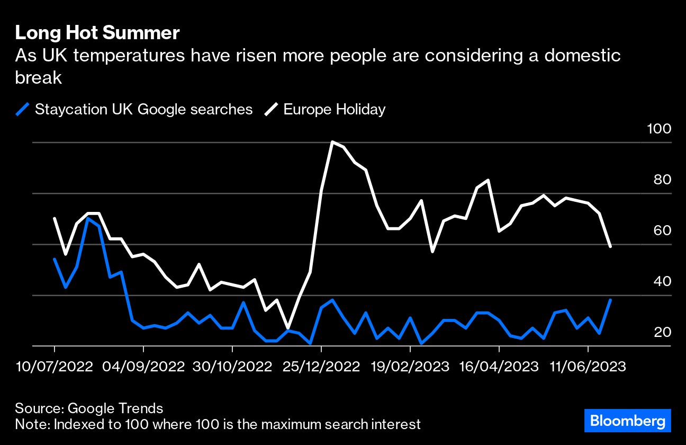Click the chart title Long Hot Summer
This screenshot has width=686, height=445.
click(x=97, y=33)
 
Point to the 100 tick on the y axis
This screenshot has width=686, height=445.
click(x=659, y=129)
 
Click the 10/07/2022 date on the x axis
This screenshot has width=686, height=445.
click(x=55, y=367)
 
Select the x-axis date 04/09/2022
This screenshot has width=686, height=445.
click(x=143, y=367)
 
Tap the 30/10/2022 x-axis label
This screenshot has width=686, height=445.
click(x=232, y=367)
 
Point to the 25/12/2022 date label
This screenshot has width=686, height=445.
click(x=321, y=367)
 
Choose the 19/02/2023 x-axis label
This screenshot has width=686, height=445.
click(x=410, y=367)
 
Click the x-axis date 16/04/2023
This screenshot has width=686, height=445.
click(x=499, y=367)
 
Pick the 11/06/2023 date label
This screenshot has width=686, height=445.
click(x=588, y=367)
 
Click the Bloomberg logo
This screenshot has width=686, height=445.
click(x=628, y=421)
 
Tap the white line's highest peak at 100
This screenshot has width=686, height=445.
click(x=332, y=142)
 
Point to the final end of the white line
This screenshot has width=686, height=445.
click(x=610, y=246)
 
